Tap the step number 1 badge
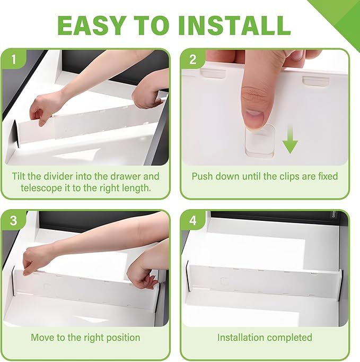coord(13,60)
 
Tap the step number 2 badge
coord(192,60)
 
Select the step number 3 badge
coord(13,220)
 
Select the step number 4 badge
coord(192,220)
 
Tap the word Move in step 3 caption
coord(42,337)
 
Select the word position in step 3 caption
coord(122,337)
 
